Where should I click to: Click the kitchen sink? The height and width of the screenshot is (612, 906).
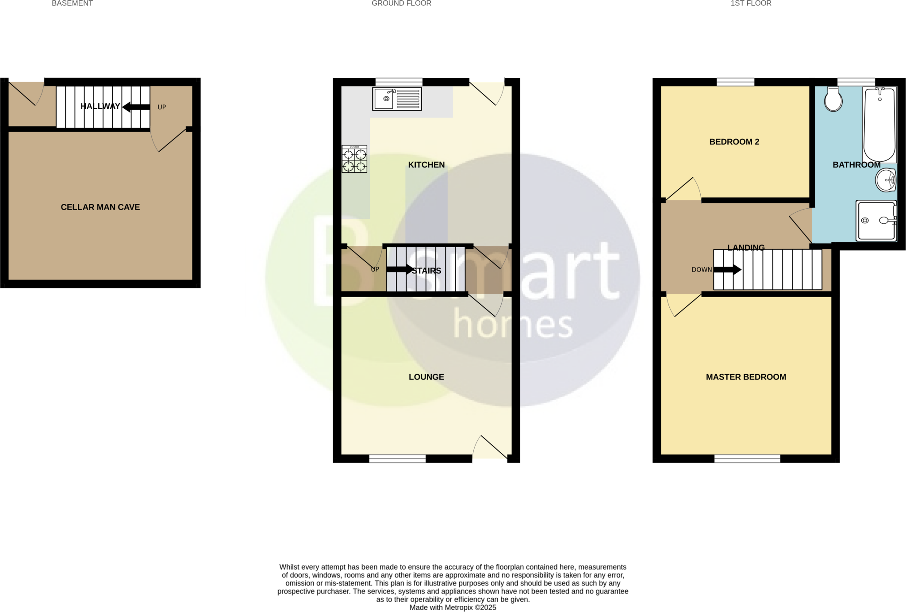point(397,99)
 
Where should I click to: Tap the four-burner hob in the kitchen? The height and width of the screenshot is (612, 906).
point(354,159)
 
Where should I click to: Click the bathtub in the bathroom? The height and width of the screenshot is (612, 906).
point(880,125)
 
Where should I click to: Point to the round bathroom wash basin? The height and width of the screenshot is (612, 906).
point(886,180)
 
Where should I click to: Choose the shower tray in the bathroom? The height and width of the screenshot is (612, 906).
point(876,221)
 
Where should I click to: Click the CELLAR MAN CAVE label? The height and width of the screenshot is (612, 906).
point(100,207)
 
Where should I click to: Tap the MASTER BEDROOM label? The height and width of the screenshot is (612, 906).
point(746,377)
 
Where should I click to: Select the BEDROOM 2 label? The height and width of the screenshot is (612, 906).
point(734,142)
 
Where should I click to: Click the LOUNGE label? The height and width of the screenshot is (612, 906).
point(426,377)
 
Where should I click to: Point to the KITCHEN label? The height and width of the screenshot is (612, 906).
point(426,164)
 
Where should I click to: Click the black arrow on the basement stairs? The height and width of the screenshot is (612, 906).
point(136,107)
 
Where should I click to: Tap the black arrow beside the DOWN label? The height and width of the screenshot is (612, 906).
point(727,269)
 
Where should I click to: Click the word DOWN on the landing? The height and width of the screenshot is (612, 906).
point(702,269)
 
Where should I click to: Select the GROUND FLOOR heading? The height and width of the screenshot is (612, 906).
point(401,4)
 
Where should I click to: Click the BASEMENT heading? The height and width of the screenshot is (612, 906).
point(72,4)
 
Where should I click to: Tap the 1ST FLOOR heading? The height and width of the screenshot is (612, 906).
point(751,4)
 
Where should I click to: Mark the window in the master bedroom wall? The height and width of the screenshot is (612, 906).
point(747,459)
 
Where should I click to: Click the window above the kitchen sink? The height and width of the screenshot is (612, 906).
point(399,82)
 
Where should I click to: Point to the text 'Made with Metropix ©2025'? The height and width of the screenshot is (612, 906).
point(453,608)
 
